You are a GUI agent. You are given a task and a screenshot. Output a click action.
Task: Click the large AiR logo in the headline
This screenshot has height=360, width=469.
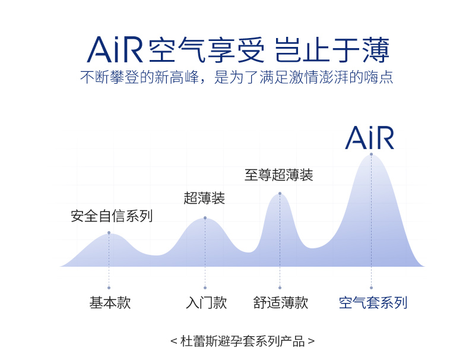pyautogui.click(x=115, y=50)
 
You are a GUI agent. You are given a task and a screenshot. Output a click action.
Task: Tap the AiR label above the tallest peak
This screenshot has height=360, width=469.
pyautogui.click(x=370, y=138)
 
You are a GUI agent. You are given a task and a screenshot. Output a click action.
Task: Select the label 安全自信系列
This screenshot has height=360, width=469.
pyautogui.click(x=112, y=216)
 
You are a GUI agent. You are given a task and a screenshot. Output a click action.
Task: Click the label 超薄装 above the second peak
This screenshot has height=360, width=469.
pyautogui.click(x=204, y=198)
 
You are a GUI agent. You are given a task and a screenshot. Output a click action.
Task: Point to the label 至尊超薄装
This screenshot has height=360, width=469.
pyautogui.click(x=279, y=175)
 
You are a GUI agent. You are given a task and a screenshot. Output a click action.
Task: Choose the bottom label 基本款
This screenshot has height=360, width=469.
pyautogui.click(x=110, y=302)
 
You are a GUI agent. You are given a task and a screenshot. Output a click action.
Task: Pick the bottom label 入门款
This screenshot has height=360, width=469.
pyautogui.click(x=207, y=302)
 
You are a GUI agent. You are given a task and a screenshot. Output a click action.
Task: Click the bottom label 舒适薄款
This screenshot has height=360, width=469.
pyautogui.click(x=281, y=302)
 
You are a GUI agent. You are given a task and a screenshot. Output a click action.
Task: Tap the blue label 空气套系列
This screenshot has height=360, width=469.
pyautogui.click(x=373, y=302)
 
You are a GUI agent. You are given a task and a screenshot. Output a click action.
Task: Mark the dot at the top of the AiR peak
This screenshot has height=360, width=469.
pyautogui.click(x=371, y=154)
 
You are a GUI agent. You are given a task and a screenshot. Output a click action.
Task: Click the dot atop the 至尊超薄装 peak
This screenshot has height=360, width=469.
pyautogui.click(x=280, y=194)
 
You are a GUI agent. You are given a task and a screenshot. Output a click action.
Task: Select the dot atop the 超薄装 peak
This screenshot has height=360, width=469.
pyautogui.click(x=205, y=218)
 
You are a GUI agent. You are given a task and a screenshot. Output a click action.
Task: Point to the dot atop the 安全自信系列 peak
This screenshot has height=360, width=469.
pyautogui.click(x=109, y=233)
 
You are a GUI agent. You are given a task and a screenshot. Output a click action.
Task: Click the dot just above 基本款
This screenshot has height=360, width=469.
pyautogui.click(x=109, y=288)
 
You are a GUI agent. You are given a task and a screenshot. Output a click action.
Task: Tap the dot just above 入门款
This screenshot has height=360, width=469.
pyautogui.click(x=205, y=288)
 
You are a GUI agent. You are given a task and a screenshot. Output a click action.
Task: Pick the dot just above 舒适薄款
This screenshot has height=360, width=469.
pyautogui.click(x=280, y=288)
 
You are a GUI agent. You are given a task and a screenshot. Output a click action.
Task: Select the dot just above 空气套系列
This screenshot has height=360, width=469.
pyautogui.click(x=371, y=288)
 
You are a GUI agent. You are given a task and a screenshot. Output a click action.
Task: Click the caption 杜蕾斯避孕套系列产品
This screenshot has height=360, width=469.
pyautogui.click(x=243, y=342)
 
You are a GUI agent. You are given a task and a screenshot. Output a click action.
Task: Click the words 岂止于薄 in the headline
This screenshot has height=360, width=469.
pyautogui.click(x=332, y=50)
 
